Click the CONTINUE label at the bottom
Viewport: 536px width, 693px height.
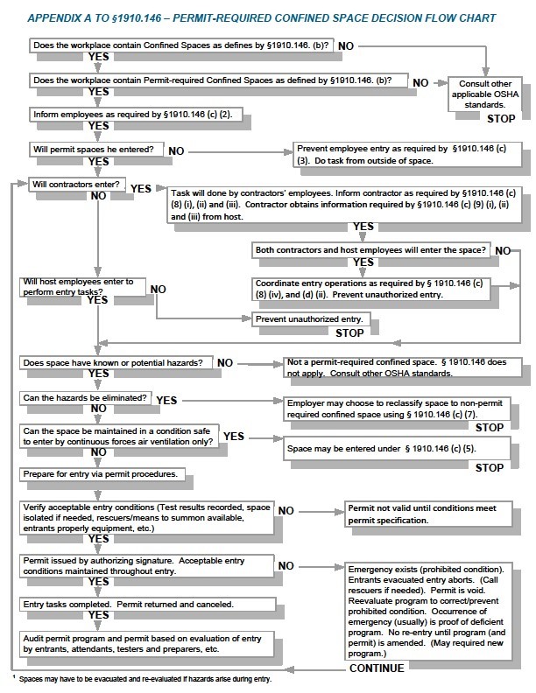click(377, 668)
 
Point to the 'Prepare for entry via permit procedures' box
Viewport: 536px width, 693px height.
click(105, 474)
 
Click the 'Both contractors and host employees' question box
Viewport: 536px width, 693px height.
click(370, 250)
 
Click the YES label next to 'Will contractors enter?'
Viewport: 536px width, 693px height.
click(141, 188)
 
